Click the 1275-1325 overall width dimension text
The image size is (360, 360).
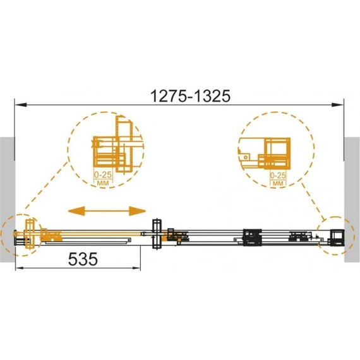tap(190, 96)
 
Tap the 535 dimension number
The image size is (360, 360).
tap(83, 259)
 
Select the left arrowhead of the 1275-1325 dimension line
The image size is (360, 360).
tap(21, 105)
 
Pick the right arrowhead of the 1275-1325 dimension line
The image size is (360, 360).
tap(337, 105)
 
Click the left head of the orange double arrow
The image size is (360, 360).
tap(76, 211)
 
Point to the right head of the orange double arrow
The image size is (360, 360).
tap(137, 211)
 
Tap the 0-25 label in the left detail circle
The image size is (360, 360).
tap(103, 175)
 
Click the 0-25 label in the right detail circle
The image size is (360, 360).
tap(278, 176)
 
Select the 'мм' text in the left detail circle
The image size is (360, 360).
tap(103, 183)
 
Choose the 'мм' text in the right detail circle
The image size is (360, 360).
tap(278, 183)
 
